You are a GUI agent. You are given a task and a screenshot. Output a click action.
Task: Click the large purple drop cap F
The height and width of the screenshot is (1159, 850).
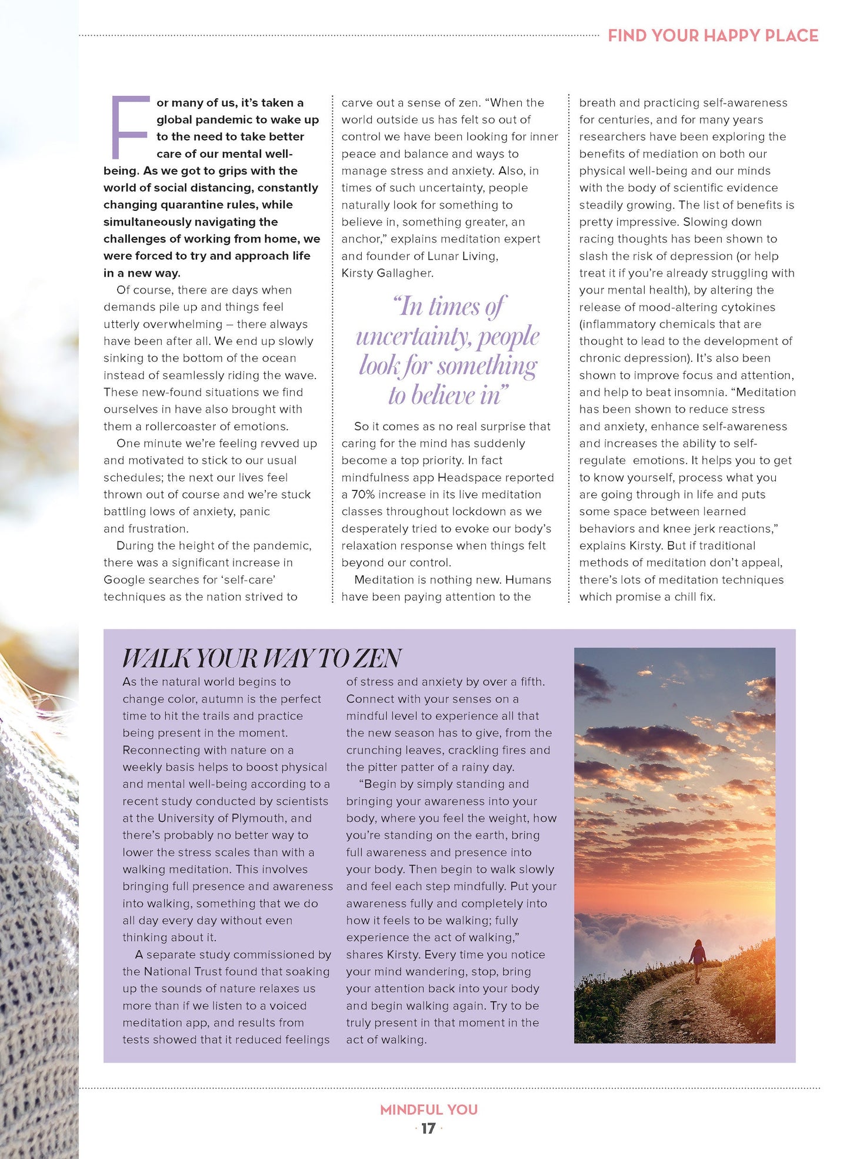(128, 127)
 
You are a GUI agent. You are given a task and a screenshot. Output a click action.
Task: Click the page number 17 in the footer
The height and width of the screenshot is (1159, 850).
(428, 1128)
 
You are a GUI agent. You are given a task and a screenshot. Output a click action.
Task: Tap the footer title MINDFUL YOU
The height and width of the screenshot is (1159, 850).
(428, 1110)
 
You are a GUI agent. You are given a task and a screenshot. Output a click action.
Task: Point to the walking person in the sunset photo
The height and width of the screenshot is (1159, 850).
(698, 961)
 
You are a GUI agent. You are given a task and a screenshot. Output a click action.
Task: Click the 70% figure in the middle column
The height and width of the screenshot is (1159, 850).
(363, 494)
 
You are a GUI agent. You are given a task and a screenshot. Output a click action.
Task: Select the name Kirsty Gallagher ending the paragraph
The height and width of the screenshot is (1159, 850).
(386, 273)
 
